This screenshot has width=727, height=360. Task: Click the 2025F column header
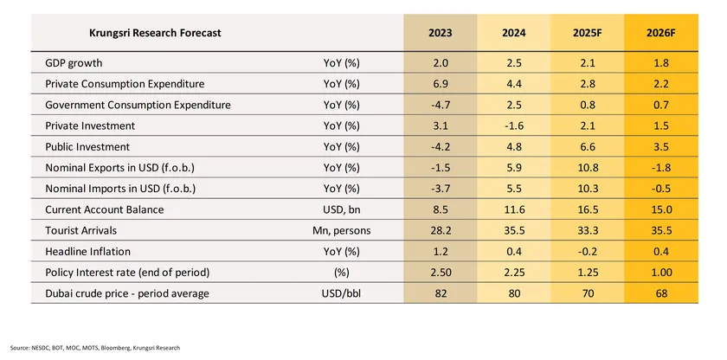pyautogui.click(x=589, y=33)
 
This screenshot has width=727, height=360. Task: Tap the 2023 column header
pyautogui.click(x=440, y=33)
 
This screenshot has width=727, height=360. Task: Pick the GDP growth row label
pyautogui.click(x=74, y=63)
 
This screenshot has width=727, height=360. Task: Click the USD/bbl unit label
pyautogui.click(x=340, y=292)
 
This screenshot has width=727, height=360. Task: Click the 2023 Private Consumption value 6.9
pyautogui.click(x=440, y=84)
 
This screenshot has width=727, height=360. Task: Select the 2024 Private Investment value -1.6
pyautogui.click(x=513, y=125)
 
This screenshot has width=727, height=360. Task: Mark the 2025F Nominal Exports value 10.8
pyautogui.click(x=589, y=167)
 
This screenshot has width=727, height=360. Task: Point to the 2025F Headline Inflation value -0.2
pyautogui.click(x=589, y=251)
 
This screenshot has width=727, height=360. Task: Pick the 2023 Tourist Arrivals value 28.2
pyautogui.click(x=440, y=230)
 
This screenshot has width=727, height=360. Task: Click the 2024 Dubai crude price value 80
pyautogui.click(x=513, y=292)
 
